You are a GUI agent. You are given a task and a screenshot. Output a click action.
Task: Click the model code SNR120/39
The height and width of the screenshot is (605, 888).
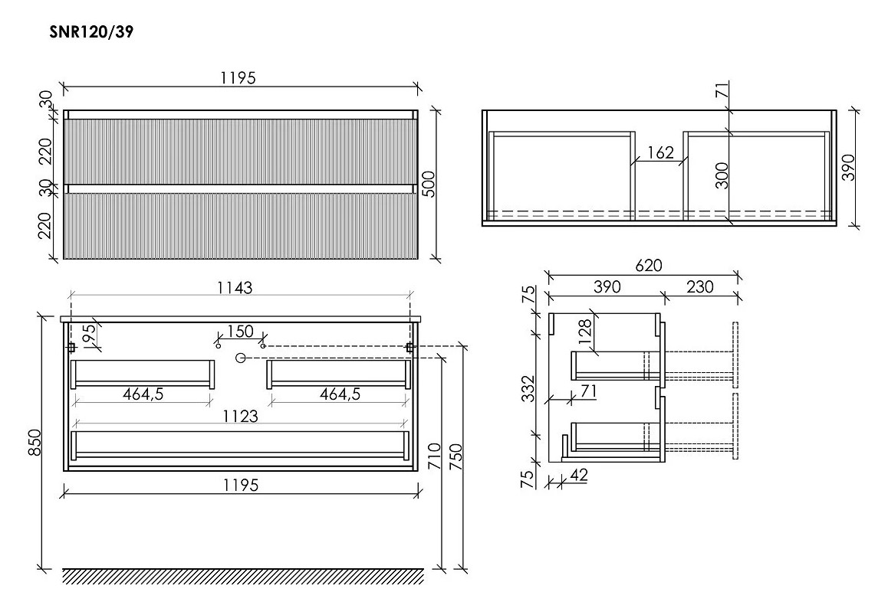pyautogui.click(x=91, y=32)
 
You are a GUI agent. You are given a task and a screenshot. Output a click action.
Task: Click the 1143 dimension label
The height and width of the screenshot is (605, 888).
pyautogui.click(x=235, y=288)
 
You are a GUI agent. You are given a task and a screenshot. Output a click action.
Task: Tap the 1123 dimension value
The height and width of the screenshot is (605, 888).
pyautogui.click(x=241, y=416)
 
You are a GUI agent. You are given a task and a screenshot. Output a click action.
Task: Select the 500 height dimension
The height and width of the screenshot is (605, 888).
pyautogui.click(x=430, y=184)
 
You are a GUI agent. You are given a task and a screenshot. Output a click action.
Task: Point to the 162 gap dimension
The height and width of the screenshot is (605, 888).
pyautogui.click(x=660, y=152)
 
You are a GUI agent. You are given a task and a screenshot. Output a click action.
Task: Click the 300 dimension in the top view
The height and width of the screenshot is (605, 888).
pyautogui.click(x=722, y=175)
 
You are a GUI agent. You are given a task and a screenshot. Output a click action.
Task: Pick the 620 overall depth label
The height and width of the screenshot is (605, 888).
pyautogui.click(x=649, y=265)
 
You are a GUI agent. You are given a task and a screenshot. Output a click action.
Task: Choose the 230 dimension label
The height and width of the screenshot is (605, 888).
pyautogui.click(x=700, y=286)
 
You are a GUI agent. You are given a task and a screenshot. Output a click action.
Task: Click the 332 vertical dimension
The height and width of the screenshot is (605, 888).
pyautogui.click(x=528, y=388)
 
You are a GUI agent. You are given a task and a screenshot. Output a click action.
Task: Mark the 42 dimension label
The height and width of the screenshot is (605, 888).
pyautogui.click(x=578, y=475)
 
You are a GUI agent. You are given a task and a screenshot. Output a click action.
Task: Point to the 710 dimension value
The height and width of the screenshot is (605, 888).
pyautogui.click(x=434, y=456)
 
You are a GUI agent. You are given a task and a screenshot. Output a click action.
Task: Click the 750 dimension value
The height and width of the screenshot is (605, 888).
pyautogui.click(x=456, y=457)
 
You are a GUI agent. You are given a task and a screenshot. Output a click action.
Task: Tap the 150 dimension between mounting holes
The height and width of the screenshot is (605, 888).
pyautogui.click(x=240, y=331)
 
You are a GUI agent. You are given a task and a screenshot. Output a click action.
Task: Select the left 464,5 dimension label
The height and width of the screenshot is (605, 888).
pyautogui.click(x=143, y=394)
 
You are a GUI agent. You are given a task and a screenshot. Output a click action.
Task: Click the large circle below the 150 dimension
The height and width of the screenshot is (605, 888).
pyautogui.click(x=240, y=358)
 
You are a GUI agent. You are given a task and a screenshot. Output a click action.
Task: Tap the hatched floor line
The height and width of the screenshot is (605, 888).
pyautogui.click(x=243, y=576)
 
